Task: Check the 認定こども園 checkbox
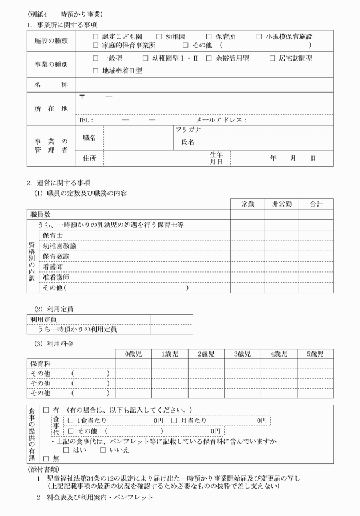[x=95, y=36]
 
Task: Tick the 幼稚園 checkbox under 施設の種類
[x=159, y=36]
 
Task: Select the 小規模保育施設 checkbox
[x=259, y=36]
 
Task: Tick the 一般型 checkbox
[x=95, y=58]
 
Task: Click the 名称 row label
[x=51, y=85]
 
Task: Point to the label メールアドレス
[x=220, y=120]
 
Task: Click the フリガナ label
[x=187, y=130]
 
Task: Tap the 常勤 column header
[x=247, y=203]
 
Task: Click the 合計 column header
[x=316, y=203]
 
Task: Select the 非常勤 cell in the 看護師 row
[x=282, y=266]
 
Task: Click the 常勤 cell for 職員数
[x=247, y=214]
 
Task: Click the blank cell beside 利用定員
[x=171, y=319]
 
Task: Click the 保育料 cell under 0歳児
[x=134, y=364]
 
